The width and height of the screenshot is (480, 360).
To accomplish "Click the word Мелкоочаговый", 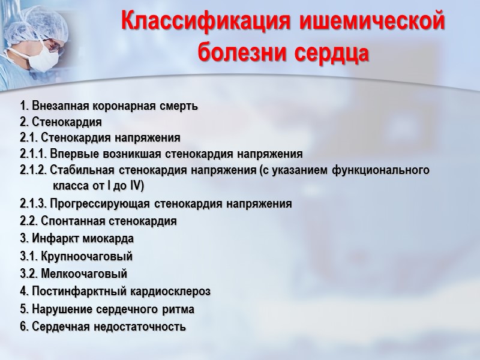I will (x=83, y=274).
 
